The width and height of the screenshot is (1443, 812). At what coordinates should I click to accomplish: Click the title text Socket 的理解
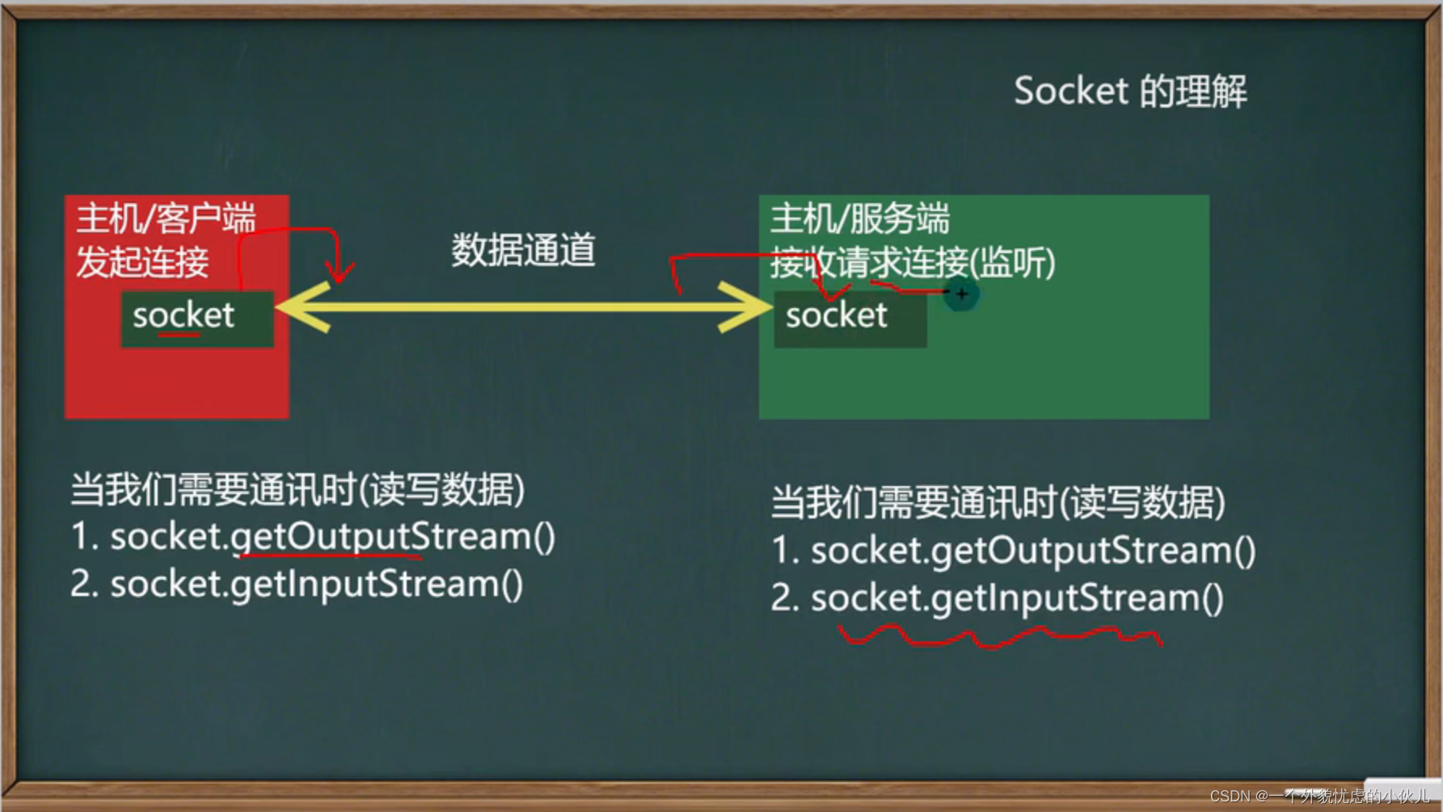point(1130,91)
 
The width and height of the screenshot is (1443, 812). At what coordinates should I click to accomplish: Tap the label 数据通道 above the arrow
point(523,250)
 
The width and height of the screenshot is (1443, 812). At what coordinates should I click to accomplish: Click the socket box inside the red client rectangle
point(197,319)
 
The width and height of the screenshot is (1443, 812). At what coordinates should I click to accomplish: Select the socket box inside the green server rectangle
point(850,319)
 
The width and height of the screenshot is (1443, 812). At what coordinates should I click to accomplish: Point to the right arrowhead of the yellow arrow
point(745,307)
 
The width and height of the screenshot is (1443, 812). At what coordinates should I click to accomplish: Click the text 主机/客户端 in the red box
point(166,218)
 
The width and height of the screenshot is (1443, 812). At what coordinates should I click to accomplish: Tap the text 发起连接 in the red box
point(142,262)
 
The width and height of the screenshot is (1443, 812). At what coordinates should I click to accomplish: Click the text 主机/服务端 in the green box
point(859,218)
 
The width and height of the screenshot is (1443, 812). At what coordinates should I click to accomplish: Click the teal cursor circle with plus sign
point(961,294)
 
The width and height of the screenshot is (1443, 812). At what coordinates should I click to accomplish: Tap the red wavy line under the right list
point(1000,636)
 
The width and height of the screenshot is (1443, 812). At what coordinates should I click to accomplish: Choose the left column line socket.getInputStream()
point(297,584)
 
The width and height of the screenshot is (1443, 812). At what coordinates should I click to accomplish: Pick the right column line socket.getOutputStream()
point(1014,551)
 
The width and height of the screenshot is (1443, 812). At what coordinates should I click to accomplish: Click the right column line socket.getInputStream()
point(998,598)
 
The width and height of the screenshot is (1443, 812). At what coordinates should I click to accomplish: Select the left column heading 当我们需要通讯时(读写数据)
point(297,489)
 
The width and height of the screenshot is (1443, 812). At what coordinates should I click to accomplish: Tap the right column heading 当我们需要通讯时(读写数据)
point(998,502)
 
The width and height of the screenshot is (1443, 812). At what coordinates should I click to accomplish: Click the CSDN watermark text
point(1319,796)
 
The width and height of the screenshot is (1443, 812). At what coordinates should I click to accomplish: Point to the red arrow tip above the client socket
point(340,280)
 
